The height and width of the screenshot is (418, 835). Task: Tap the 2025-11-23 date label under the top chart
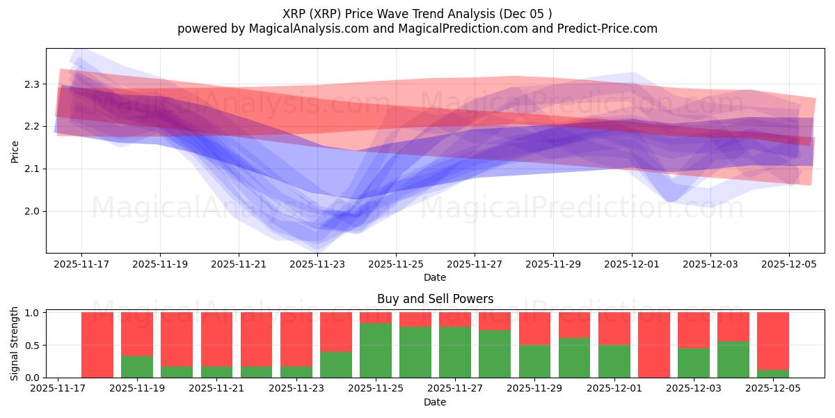(317, 264)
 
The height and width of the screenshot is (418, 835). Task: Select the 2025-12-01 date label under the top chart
(632, 264)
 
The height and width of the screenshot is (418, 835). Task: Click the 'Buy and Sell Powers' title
(435, 299)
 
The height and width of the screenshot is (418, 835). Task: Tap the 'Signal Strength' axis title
(15, 343)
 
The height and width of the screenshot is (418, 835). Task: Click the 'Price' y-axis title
(15, 150)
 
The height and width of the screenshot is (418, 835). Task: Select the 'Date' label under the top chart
(435, 277)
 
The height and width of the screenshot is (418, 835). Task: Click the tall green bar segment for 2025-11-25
(376, 350)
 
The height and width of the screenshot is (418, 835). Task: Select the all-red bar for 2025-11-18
(97, 345)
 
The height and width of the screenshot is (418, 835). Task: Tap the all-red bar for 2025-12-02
(654, 345)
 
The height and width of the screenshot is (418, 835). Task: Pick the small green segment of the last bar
(773, 374)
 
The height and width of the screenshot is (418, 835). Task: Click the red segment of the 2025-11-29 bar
(534, 328)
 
